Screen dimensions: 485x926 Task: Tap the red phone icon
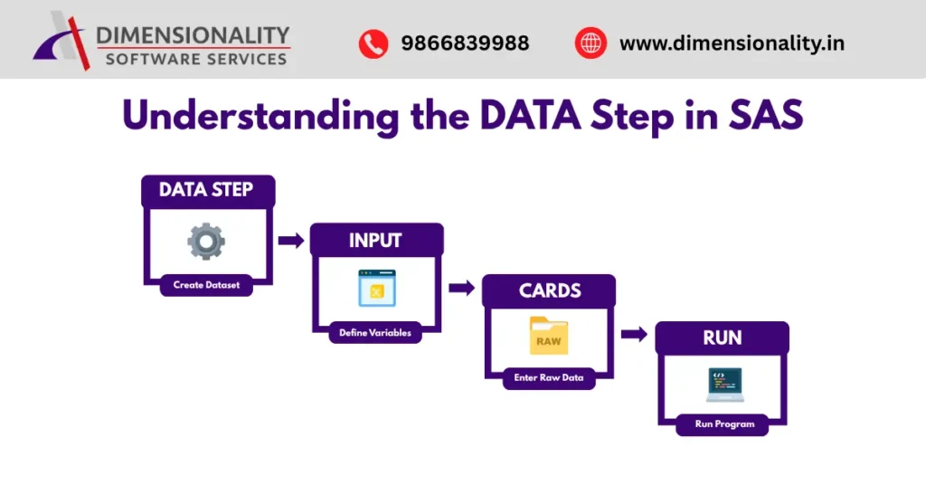coord(373,43)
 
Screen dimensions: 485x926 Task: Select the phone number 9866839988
coord(465,43)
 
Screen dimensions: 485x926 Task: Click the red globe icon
coord(591,43)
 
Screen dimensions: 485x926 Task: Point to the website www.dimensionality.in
coord(732,43)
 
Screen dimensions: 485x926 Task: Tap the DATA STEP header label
coord(207,190)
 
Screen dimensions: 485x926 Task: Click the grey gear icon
coord(205,242)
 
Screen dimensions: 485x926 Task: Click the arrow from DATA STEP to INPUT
coord(290,240)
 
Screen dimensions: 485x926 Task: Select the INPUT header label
coord(375,240)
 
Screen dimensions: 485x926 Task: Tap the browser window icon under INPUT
coord(376,288)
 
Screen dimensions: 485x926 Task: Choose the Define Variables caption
coord(375,333)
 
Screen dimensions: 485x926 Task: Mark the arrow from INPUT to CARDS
coord(461,288)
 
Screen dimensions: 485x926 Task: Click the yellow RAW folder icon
coord(548,336)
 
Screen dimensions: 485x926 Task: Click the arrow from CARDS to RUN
coord(634,334)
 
